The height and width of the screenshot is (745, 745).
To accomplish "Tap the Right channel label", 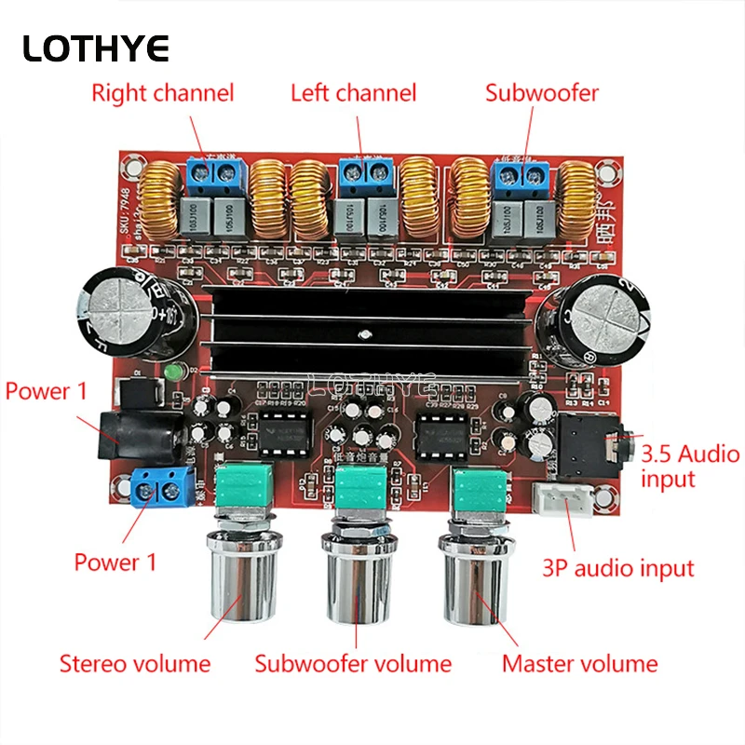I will pyautogui.click(x=162, y=93).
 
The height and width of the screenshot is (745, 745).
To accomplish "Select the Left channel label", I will pyautogui.click(x=353, y=93).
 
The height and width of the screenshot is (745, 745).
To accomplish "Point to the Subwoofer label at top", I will pyautogui.click(x=542, y=93).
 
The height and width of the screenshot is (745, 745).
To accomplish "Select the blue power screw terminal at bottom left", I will pyautogui.click(x=167, y=484).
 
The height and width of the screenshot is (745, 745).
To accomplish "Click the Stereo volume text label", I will pyautogui.click(x=135, y=664).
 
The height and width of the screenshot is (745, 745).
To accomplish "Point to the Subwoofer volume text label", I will pyautogui.click(x=354, y=664).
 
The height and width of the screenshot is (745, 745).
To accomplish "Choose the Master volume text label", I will pyautogui.click(x=579, y=664).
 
